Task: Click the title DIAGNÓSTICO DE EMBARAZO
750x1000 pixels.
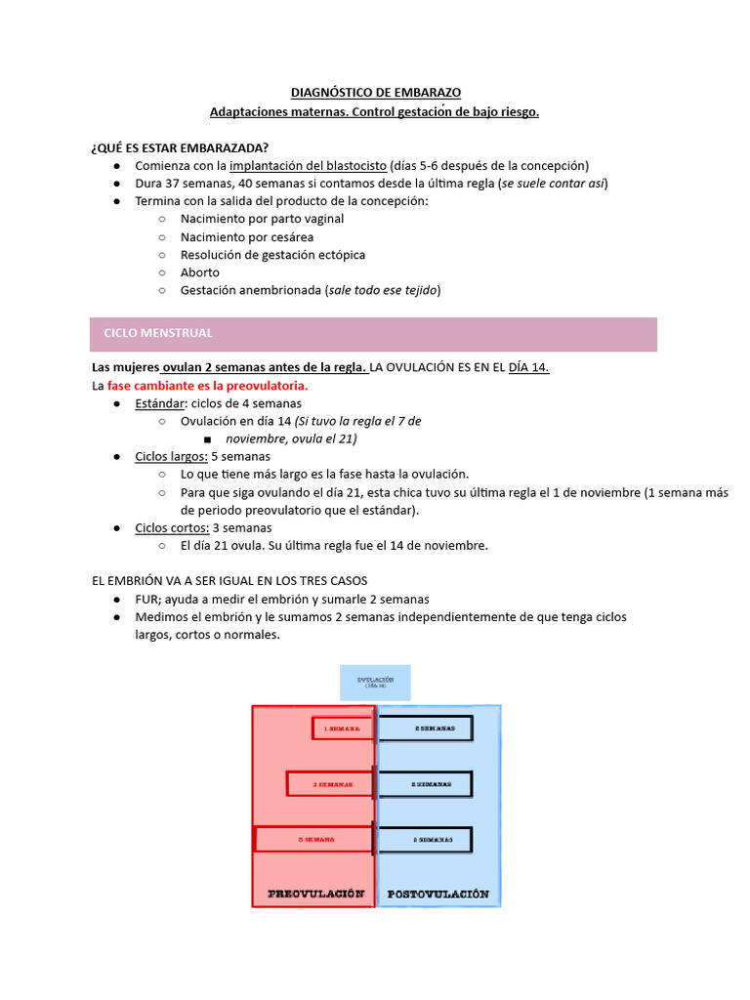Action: tap(375, 93)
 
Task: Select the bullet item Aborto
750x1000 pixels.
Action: tap(200, 272)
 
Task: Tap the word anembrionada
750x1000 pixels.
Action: tap(280, 290)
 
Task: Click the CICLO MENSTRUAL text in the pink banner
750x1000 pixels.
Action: tap(158, 333)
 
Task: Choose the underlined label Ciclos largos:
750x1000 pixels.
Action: tap(171, 456)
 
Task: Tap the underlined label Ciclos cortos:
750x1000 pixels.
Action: tap(172, 527)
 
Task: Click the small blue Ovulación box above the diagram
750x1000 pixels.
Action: tap(375, 682)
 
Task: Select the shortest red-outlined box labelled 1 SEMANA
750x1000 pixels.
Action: tap(343, 729)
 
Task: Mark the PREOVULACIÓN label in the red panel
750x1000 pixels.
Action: tap(315, 894)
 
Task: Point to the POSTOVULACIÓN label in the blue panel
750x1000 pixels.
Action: tap(438, 894)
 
